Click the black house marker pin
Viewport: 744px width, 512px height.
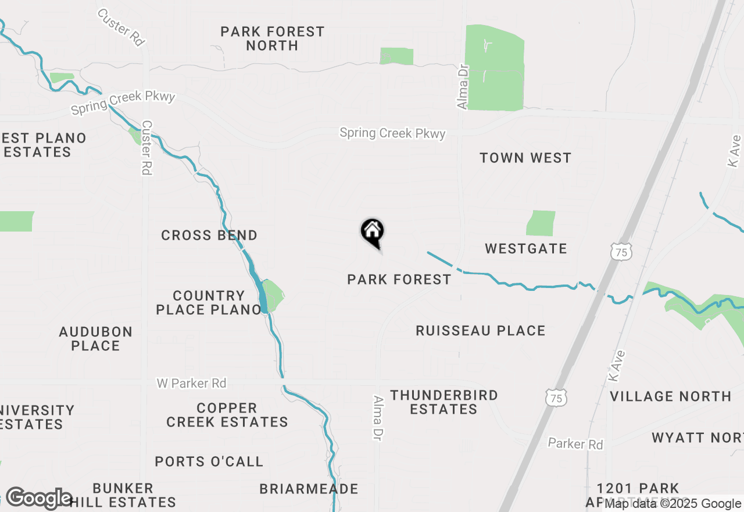373,233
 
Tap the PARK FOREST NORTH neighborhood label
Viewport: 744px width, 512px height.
272,38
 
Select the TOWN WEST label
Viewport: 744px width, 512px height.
525,158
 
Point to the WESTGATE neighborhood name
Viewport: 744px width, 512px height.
526,249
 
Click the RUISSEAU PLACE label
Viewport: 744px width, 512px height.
481,331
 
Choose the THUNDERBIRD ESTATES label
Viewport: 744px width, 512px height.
444,402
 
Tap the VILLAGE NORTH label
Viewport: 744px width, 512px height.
670,396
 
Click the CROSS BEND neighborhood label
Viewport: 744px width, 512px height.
209,236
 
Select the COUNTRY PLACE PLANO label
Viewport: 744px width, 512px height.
209,303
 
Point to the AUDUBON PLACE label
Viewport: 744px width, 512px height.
96,339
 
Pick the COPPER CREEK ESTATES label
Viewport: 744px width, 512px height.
227,415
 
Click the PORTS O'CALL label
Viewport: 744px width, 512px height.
209,462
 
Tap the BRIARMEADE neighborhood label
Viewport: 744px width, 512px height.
309,489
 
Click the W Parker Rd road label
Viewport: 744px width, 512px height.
191,383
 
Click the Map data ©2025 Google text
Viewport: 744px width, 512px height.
673,504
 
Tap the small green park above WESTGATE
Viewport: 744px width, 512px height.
541,223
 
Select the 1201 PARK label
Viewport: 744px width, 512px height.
638,488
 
